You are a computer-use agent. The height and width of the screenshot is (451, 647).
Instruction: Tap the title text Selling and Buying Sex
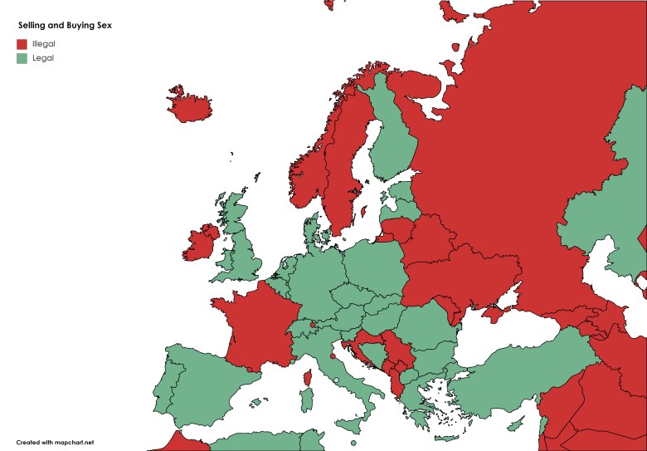tap(65, 26)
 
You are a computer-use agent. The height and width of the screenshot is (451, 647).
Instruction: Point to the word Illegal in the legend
tap(44, 43)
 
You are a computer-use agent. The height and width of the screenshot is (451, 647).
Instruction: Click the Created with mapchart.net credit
tap(55, 442)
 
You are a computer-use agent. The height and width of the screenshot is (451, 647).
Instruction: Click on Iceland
tap(188, 105)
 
